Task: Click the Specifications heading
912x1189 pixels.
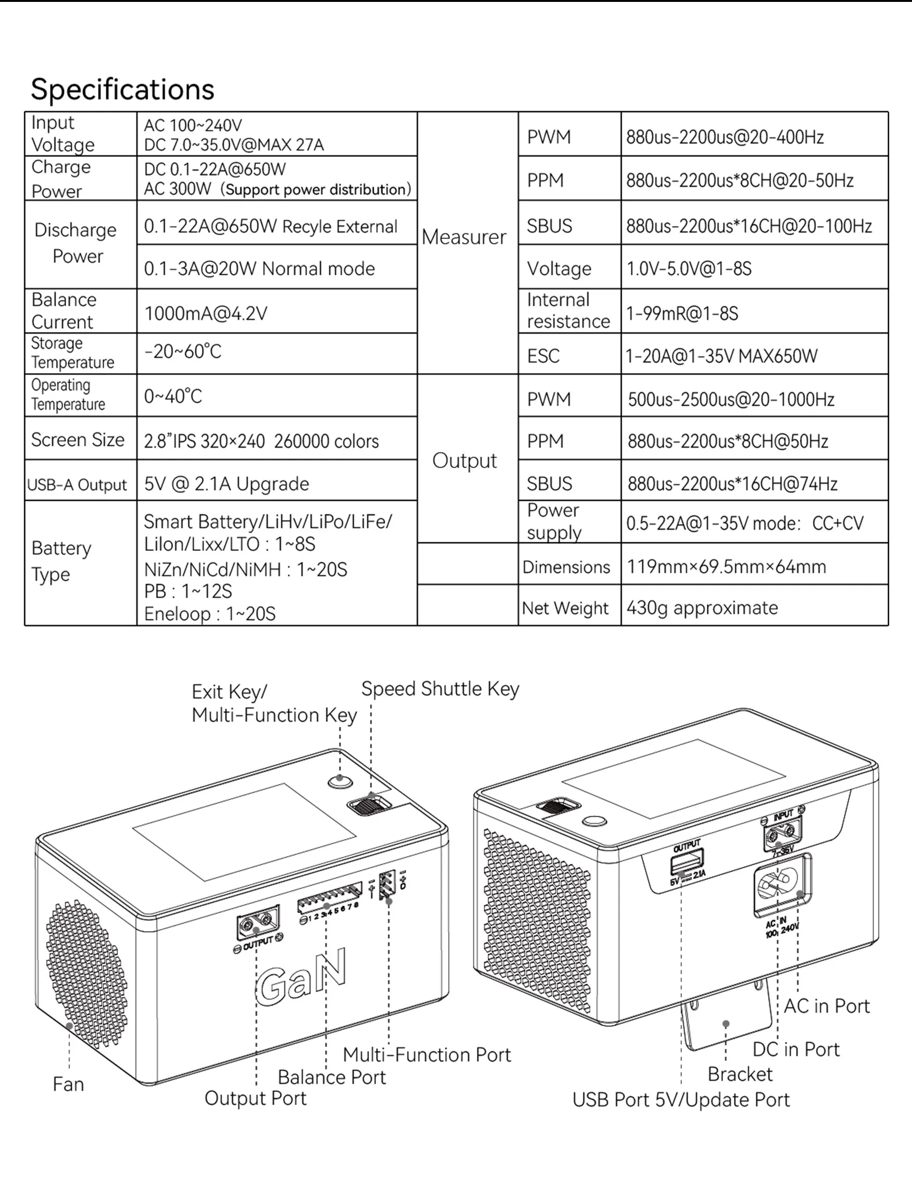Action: (x=122, y=90)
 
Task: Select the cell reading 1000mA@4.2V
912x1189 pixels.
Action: (x=206, y=313)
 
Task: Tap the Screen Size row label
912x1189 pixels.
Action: (x=77, y=440)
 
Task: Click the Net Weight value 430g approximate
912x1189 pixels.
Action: (x=702, y=608)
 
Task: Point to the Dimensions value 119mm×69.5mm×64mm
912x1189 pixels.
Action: (x=726, y=566)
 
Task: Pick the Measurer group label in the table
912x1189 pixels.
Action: (x=464, y=237)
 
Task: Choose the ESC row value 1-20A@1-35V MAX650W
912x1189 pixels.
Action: (x=721, y=356)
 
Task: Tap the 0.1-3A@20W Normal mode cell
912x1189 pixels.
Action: (x=259, y=269)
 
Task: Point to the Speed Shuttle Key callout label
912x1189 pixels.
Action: (x=440, y=689)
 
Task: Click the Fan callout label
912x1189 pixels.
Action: (x=68, y=1084)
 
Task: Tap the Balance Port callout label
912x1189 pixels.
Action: (x=332, y=1076)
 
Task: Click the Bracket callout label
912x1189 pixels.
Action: (x=740, y=1074)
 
